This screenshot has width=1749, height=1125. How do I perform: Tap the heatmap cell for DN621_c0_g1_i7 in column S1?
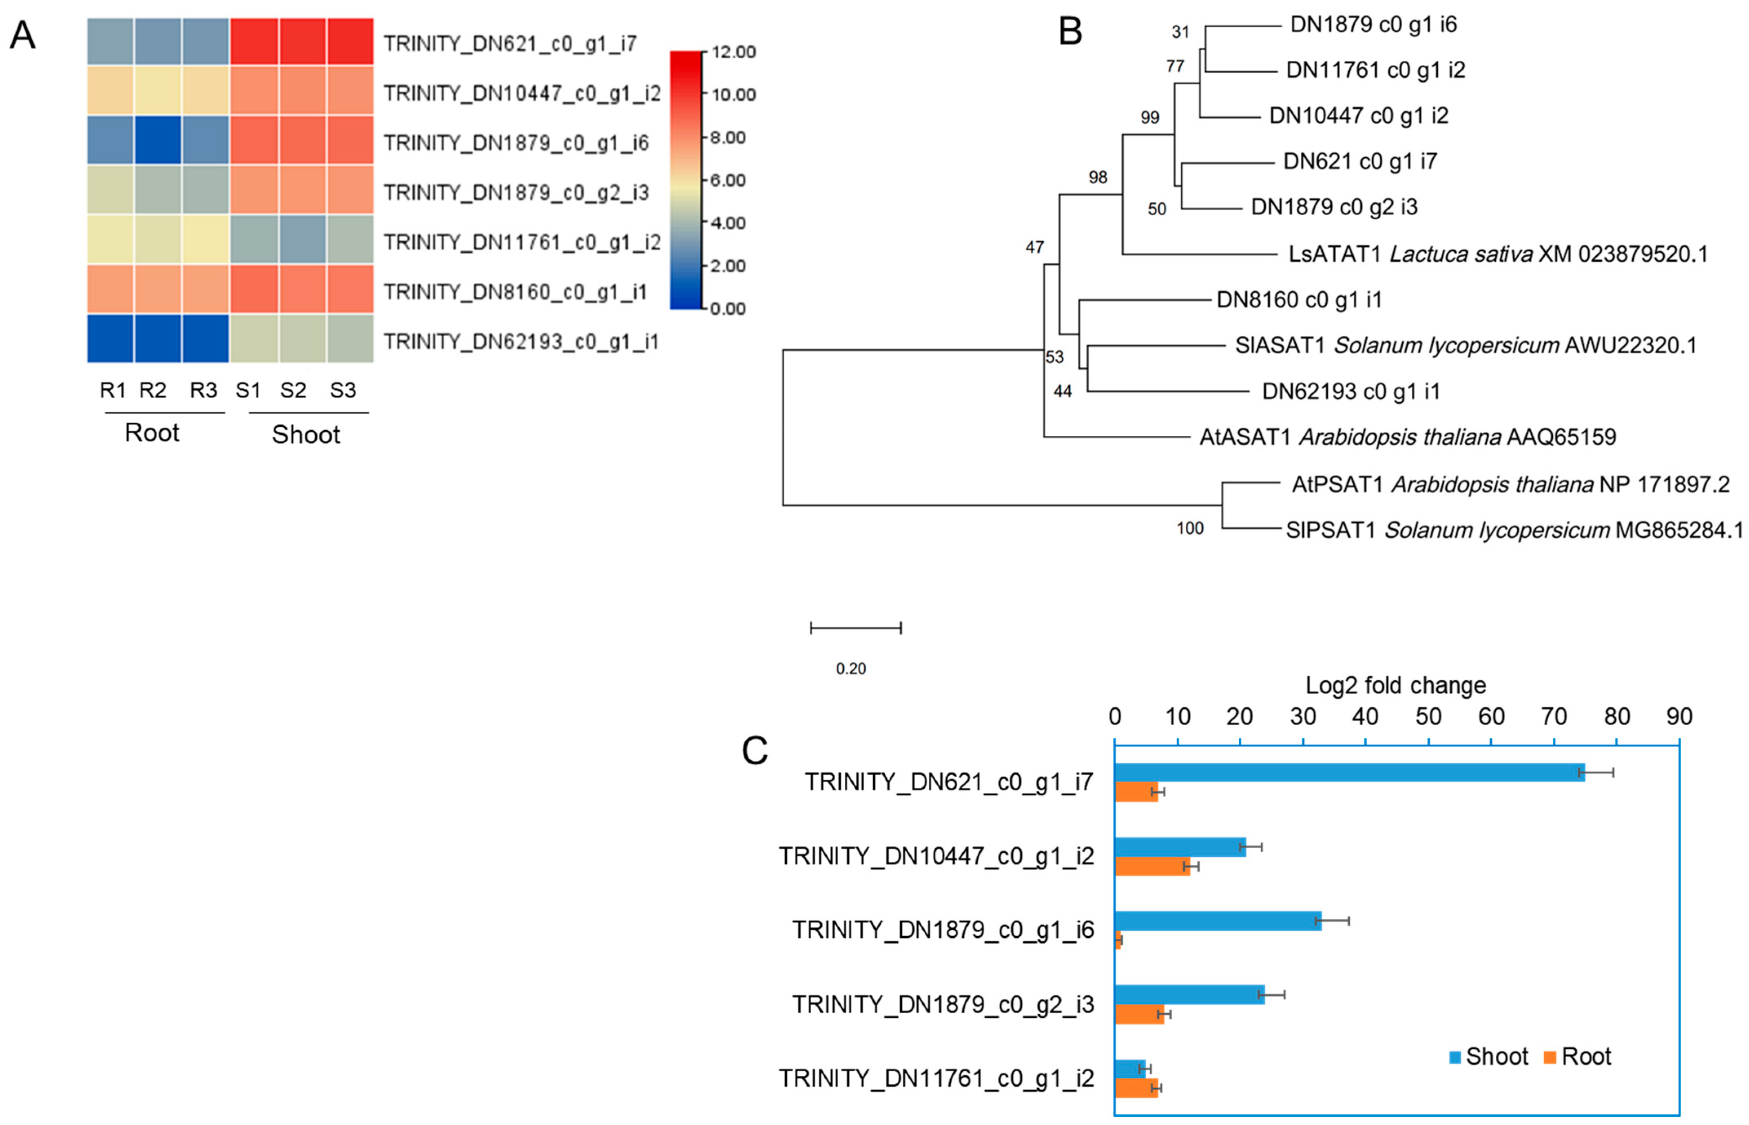(x=254, y=42)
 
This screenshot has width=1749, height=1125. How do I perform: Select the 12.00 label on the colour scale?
(x=733, y=52)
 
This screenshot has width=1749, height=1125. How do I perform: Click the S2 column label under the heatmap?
(x=293, y=390)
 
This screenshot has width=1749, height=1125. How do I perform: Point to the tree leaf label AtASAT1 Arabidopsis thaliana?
(x=1407, y=437)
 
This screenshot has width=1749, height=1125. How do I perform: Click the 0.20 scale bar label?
(x=851, y=668)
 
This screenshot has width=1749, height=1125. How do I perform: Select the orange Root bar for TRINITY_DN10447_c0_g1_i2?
(x=1152, y=867)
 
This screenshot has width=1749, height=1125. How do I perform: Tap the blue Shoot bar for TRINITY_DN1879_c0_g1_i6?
(x=1218, y=920)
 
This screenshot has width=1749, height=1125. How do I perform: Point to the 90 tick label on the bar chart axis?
(x=1679, y=717)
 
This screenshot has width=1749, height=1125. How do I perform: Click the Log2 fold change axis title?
(x=1395, y=685)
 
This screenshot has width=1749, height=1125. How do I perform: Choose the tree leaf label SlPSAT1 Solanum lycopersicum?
(x=1514, y=529)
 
